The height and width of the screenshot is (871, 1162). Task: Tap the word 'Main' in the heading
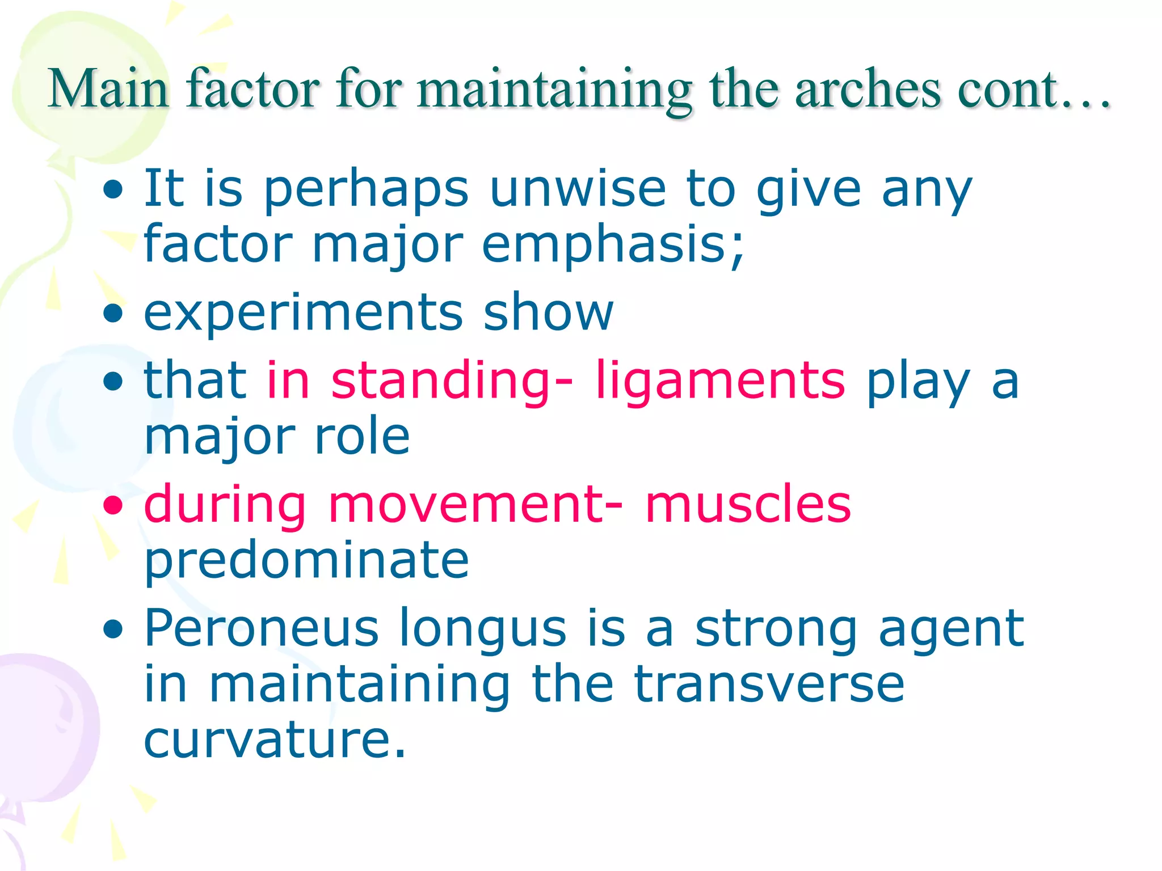(x=108, y=89)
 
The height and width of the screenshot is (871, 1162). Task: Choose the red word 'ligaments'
(x=720, y=380)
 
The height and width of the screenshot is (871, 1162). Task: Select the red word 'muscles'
(x=748, y=504)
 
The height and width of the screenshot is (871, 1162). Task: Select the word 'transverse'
(x=769, y=684)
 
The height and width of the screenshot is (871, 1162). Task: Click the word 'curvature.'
(x=275, y=740)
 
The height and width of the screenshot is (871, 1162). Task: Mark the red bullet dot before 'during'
(x=113, y=505)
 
